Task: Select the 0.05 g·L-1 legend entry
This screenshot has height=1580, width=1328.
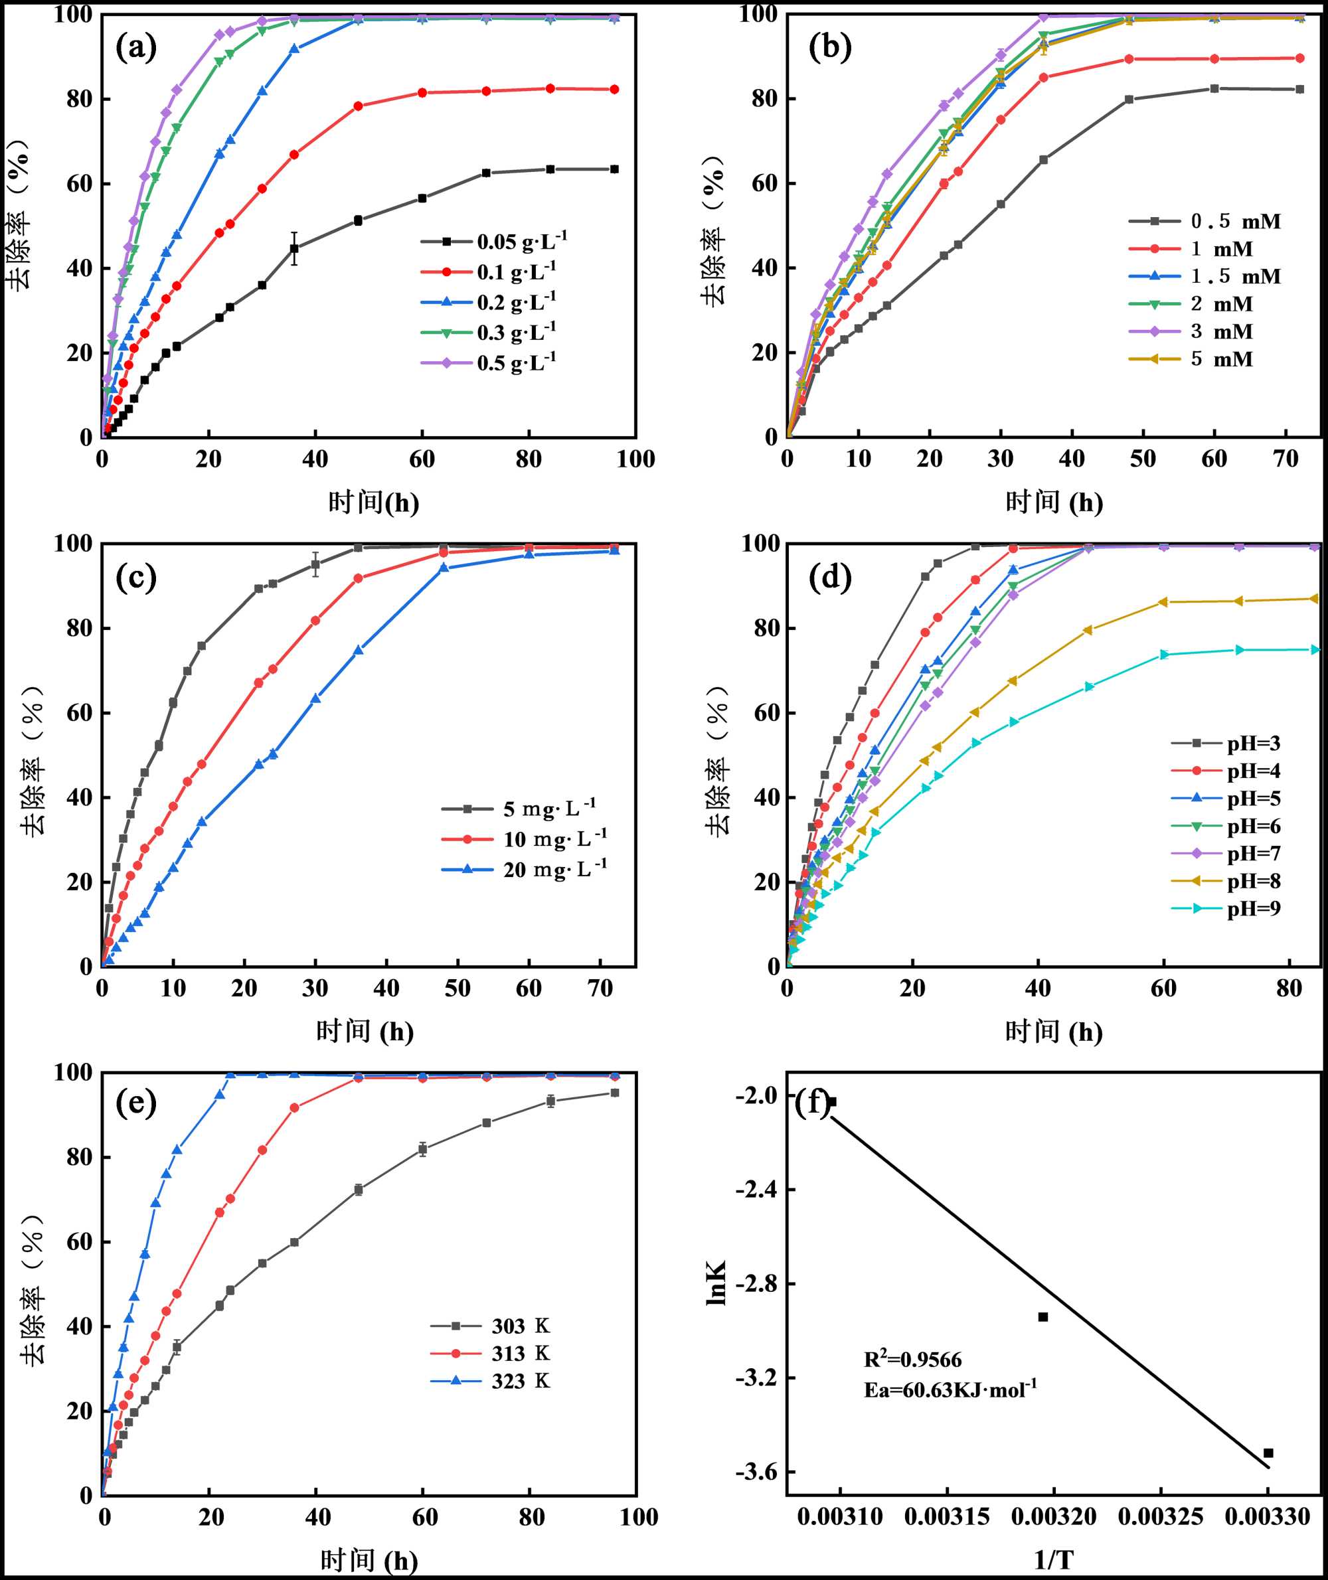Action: (x=521, y=242)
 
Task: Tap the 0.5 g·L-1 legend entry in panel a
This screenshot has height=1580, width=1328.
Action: (x=516, y=363)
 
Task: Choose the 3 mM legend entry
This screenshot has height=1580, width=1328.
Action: (x=1221, y=331)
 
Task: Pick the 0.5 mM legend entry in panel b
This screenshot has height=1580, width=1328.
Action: (x=1234, y=221)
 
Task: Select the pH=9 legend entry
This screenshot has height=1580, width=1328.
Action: (x=1254, y=909)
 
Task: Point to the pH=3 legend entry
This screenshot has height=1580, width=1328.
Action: (x=1254, y=744)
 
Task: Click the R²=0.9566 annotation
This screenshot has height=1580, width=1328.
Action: (x=912, y=1360)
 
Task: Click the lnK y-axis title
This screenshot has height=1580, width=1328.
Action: (x=716, y=1283)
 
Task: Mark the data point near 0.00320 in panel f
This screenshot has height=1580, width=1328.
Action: (x=1042, y=1316)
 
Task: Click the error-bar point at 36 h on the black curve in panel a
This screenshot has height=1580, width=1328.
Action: (x=294, y=248)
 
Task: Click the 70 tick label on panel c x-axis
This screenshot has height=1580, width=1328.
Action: (x=600, y=988)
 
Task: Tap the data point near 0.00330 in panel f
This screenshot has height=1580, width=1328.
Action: (x=1268, y=1453)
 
